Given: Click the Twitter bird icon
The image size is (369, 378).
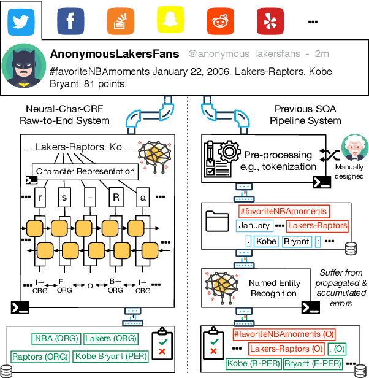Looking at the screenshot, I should (21, 21).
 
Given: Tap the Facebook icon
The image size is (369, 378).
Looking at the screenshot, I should (70, 21).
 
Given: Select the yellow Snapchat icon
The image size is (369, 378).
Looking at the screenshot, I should (169, 21).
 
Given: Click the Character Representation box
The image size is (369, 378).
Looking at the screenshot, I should (85, 171).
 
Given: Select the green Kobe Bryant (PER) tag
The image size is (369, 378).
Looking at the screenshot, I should (108, 356).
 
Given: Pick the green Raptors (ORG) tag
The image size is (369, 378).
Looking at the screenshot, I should (39, 356).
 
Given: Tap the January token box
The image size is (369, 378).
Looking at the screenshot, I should (253, 226).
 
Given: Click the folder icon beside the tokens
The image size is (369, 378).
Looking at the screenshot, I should (218, 222).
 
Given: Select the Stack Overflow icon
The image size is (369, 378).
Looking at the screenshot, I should (120, 21).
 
